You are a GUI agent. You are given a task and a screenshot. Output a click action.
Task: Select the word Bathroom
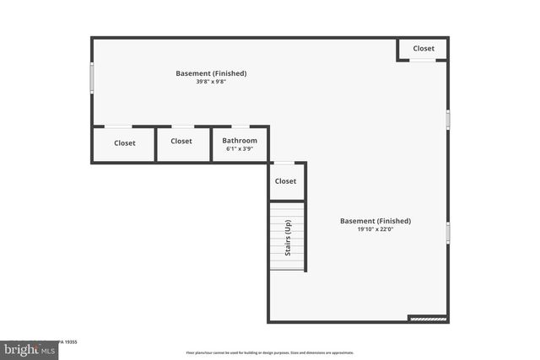pyautogui.click(x=240, y=140)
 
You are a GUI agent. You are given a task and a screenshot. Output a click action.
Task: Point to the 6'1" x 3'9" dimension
pyautogui.click(x=240, y=149)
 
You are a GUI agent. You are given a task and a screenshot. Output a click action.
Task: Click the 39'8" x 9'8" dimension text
pyautogui.click(x=211, y=82)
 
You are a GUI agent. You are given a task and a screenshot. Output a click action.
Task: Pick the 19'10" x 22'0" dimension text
pyautogui.click(x=375, y=229)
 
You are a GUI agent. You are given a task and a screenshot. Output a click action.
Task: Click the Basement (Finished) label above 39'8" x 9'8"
pyautogui.click(x=211, y=73)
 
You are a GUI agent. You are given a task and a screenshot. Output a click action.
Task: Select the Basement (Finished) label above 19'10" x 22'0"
pyautogui.click(x=375, y=221)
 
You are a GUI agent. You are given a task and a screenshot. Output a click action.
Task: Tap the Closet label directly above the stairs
pyautogui.click(x=286, y=181)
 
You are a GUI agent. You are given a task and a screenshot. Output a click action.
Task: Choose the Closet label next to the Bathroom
pyautogui.click(x=181, y=141)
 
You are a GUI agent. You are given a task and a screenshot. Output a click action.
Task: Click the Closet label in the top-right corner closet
pyautogui.click(x=424, y=48)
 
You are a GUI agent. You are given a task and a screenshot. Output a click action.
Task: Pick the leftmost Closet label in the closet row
pyautogui.click(x=125, y=142)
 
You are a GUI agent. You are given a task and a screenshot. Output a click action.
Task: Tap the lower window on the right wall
pyautogui.click(x=448, y=232)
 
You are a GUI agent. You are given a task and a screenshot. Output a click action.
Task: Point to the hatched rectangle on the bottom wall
pyautogui.click(x=427, y=319)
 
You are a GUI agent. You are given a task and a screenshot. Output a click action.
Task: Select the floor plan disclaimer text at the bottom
pyautogui.click(x=270, y=353)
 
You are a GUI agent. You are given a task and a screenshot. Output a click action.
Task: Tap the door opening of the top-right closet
pyautogui.click(x=423, y=60)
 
